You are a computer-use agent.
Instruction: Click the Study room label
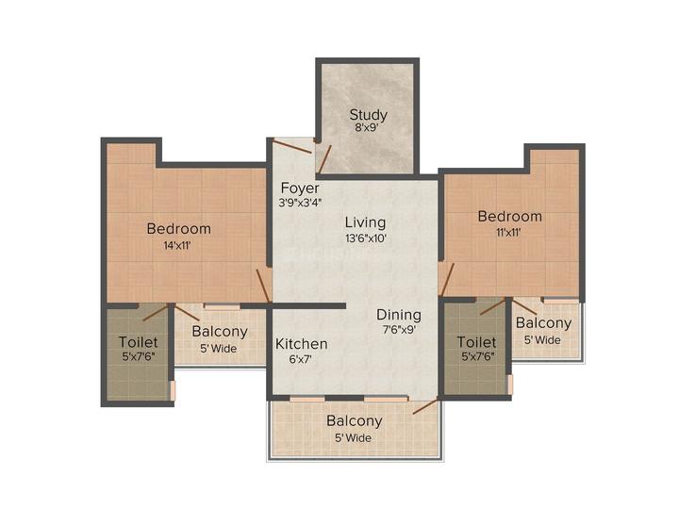pos(368,116)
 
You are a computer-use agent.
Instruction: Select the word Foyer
pos(299,188)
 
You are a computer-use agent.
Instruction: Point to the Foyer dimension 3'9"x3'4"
pos(299,203)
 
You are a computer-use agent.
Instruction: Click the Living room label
pos(365,222)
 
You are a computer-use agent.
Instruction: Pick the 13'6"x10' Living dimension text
pos(365,238)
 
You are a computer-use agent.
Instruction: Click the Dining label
pos(399,315)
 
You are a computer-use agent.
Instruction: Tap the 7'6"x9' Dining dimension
pos(399,330)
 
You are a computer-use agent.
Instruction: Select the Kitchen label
pos(302,344)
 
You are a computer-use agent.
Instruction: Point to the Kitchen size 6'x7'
pos(302,360)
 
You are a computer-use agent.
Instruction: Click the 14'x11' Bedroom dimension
pos(178,245)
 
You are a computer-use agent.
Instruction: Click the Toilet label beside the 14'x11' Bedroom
pos(139,341)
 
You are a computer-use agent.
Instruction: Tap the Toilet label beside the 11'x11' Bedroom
pos(476,341)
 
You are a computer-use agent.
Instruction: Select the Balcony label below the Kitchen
pos(355,421)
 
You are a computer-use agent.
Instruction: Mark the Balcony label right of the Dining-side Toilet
pos(543,323)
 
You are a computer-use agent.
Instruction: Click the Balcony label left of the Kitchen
pos(220,332)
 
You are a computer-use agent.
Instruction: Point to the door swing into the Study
pos(323,158)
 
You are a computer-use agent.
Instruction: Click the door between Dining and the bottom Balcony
pos(424,406)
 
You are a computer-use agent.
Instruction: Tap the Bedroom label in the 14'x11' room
pos(178,229)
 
